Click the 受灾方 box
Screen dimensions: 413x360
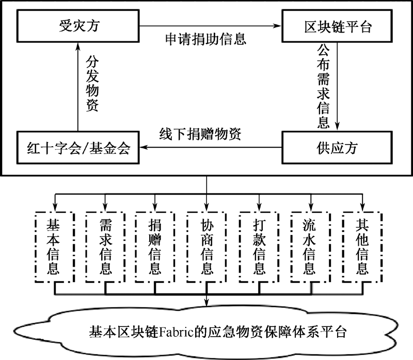pyautogui.click(x=78, y=26)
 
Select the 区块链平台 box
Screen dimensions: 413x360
pyautogui.click(x=337, y=26)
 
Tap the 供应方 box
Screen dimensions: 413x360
pyautogui.click(x=337, y=148)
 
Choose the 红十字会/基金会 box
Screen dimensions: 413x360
pyautogui.click(x=78, y=148)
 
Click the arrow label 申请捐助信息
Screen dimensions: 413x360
pyautogui.click(x=205, y=39)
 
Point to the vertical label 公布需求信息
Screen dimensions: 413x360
pyautogui.click(x=323, y=86)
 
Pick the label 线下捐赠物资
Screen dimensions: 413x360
pyautogui.click(x=200, y=134)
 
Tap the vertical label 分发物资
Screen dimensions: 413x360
pyautogui.click(x=92, y=83)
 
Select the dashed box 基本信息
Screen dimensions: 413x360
pyautogui.click(x=55, y=247)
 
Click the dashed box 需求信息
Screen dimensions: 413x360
pyautogui.click(x=105, y=247)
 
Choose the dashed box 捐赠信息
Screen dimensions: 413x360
pyautogui.click(x=154, y=247)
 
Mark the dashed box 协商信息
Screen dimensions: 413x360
pyautogui.click(x=206, y=247)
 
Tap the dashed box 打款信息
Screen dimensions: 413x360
pyautogui.click(x=259, y=247)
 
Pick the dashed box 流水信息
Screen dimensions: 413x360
pyautogui.click(x=311, y=247)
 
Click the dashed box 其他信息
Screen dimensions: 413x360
pyautogui.click(x=362, y=247)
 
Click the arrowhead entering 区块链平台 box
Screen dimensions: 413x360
pyautogui.click(x=278, y=26)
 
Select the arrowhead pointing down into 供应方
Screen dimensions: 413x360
pyautogui.click(x=337, y=127)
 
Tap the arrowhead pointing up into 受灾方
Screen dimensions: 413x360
pyautogui.click(x=78, y=46)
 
